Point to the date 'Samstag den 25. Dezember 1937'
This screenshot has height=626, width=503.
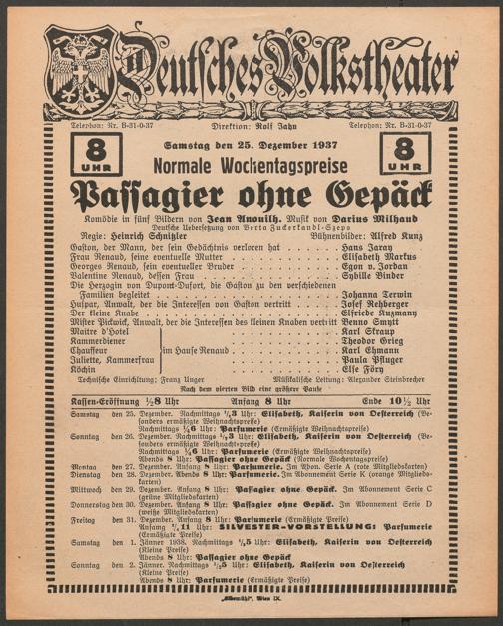(251, 146)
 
